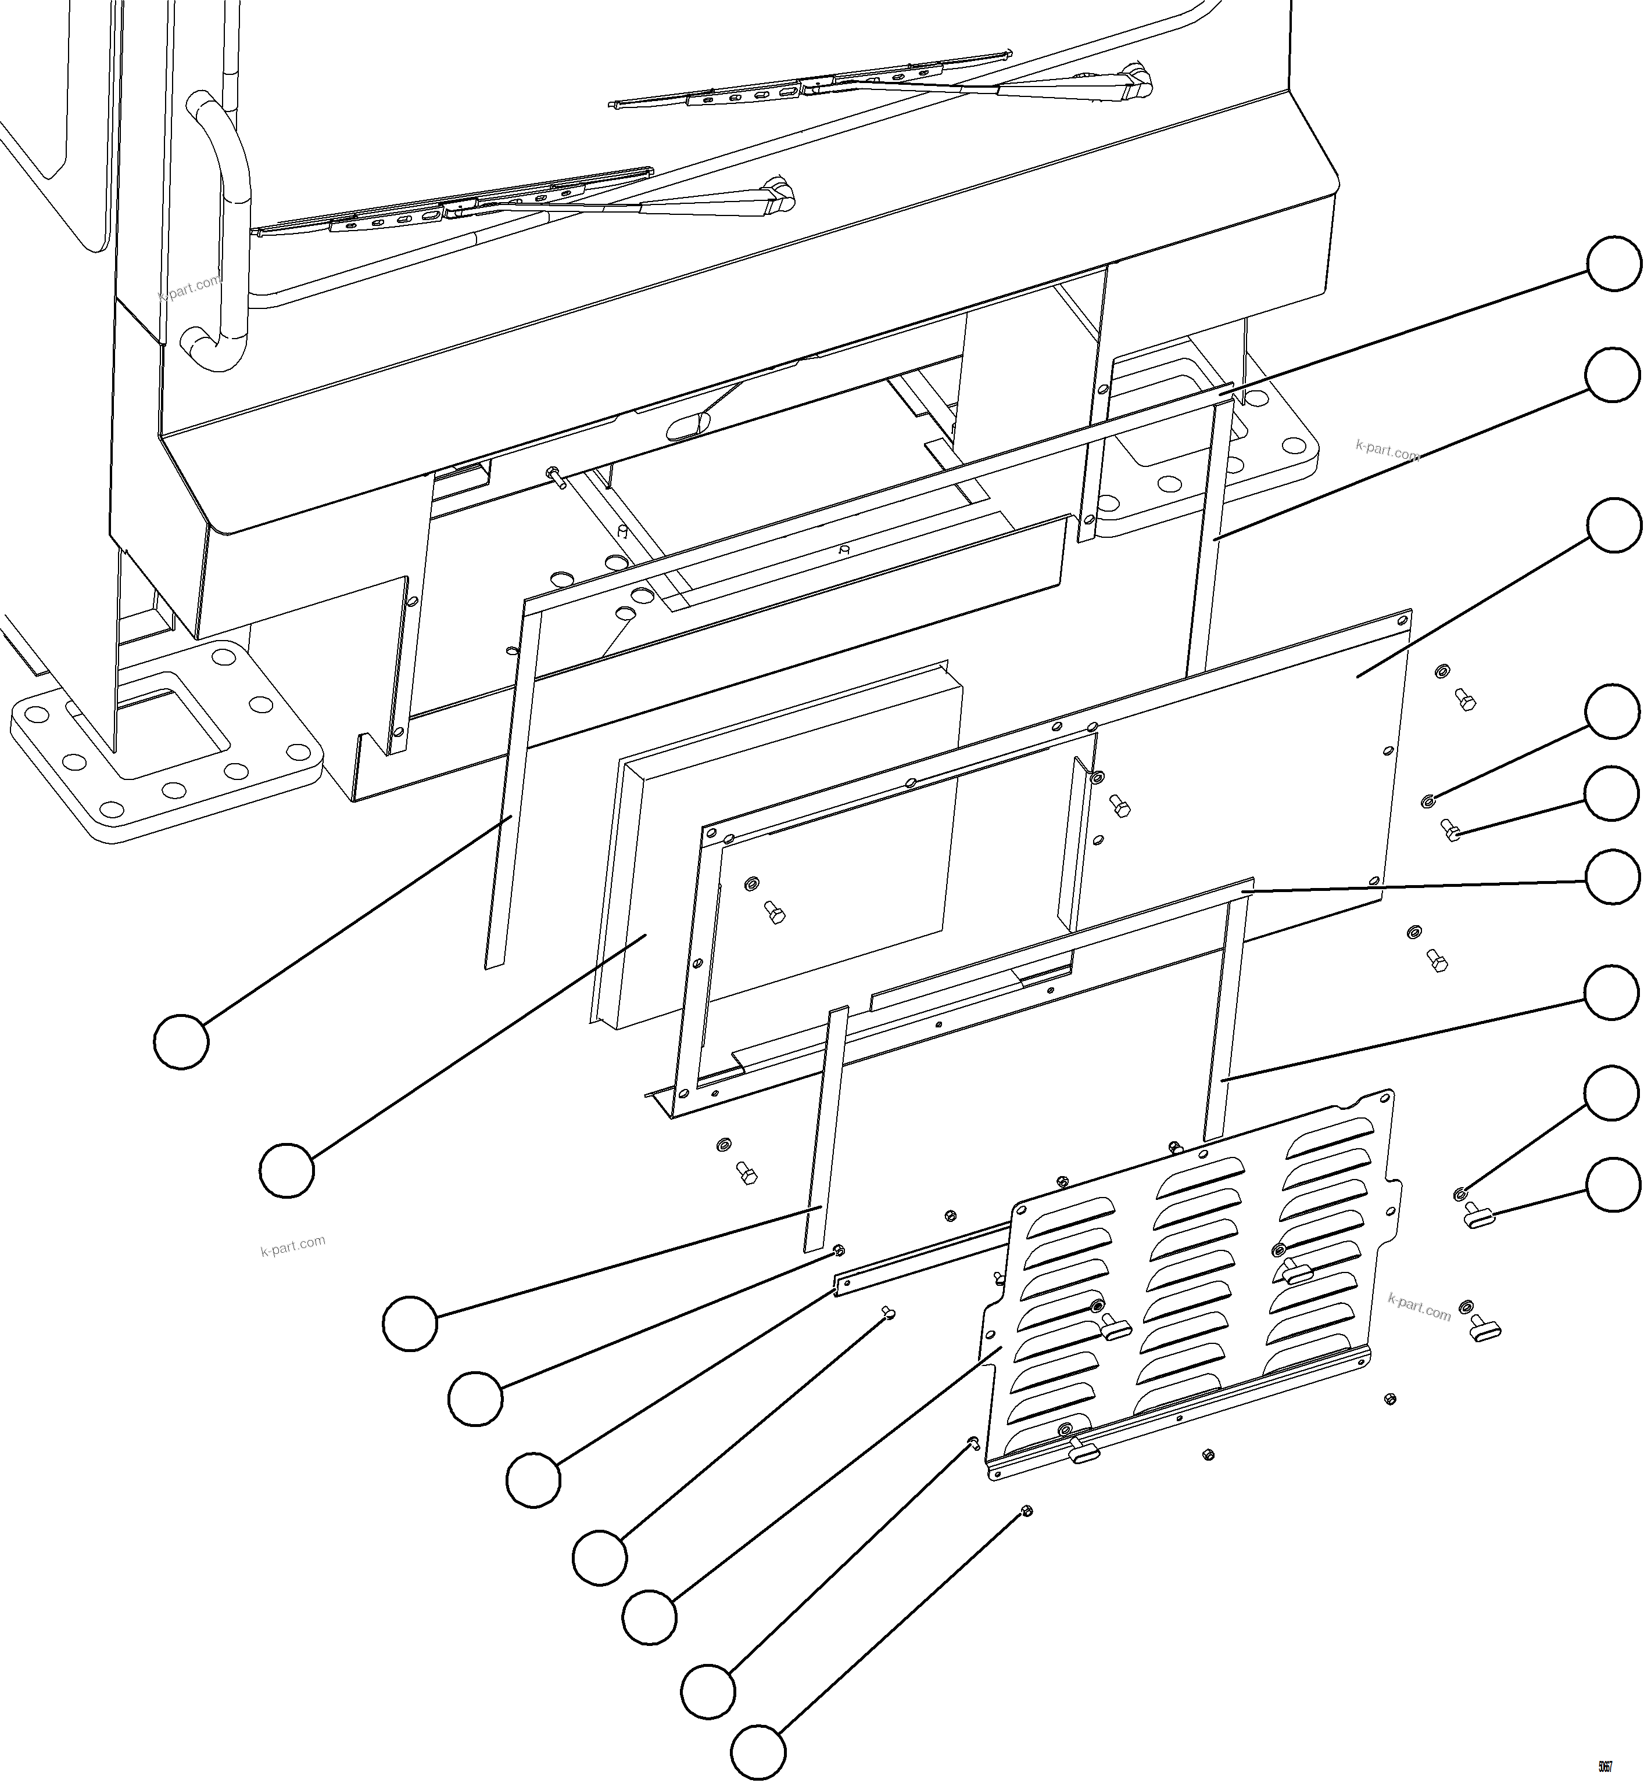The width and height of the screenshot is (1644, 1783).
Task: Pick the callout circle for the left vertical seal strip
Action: point(181,1040)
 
